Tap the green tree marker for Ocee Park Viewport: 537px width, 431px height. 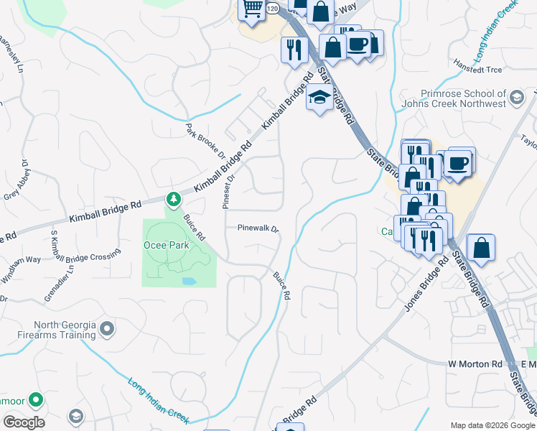point(173,198)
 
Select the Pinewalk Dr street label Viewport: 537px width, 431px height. point(258,228)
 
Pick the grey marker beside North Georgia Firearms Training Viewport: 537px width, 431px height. point(108,329)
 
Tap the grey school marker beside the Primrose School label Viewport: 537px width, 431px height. point(516,96)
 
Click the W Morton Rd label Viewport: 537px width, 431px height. point(475,364)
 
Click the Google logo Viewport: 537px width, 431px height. point(24,422)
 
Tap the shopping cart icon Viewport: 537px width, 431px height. point(252,9)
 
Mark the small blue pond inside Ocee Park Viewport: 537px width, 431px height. point(188,279)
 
